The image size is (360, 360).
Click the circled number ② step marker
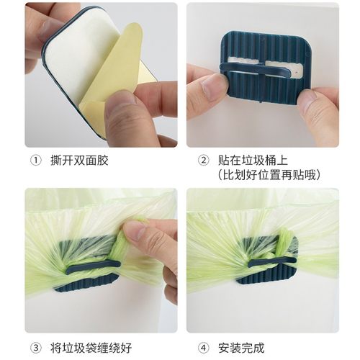click(204, 160)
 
